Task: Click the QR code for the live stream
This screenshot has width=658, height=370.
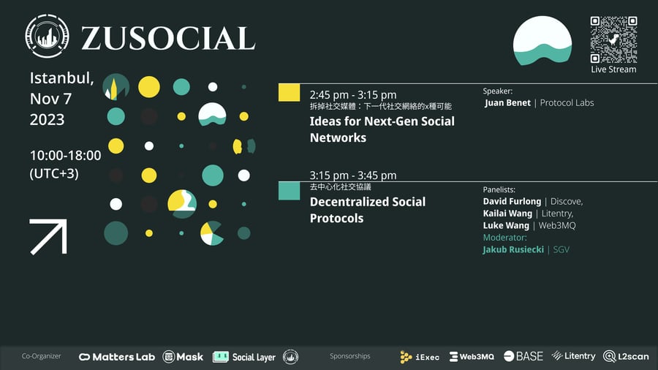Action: [x=613, y=39]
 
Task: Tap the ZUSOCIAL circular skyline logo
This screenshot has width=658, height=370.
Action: [x=47, y=36]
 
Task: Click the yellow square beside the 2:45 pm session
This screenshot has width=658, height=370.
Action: [x=289, y=93]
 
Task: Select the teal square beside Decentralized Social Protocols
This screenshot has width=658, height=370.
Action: [x=289, y=191]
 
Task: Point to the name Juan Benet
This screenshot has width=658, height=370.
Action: [x=508, y=103]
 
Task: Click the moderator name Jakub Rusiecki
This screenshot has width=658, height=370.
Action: [x=513, y=249]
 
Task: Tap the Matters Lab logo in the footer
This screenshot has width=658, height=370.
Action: [x=117, y=357]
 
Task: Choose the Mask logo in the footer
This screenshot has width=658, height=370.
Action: [x=183, y=357]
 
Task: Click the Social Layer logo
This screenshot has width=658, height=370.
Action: [x=243, y=357]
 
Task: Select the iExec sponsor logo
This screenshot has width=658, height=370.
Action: [x=420, y=357]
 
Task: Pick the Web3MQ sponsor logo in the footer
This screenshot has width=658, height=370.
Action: [x=472, y=357]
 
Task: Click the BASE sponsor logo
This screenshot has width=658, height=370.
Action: [x=523, y=356]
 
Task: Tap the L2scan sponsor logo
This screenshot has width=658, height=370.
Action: [x=626, y=357]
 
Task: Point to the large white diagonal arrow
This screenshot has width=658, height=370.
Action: [x=48, y=237]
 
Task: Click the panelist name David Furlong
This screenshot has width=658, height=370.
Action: [x=512, y=201]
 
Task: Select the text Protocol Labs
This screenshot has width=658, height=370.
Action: [x=567, y=103]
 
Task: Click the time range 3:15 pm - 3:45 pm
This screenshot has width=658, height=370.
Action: [x=353, y=175]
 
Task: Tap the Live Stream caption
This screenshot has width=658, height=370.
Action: [x=613, y=69]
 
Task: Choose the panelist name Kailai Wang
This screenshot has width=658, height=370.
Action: [x=507, y=214]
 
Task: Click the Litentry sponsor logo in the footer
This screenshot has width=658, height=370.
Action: [x=573, y=356]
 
